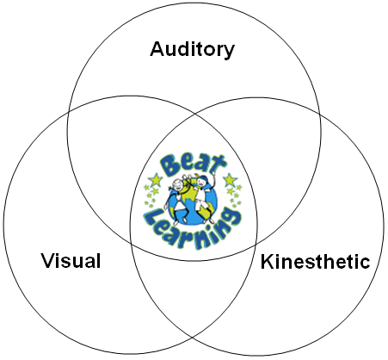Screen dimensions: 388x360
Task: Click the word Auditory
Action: (192, 50)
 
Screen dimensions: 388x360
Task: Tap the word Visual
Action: (71, 261)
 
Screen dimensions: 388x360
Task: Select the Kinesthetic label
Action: (315, 262)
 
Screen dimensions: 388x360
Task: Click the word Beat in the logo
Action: (192, 166)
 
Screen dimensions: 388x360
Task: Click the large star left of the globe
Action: (156, 180)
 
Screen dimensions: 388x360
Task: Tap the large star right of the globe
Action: (231, 180)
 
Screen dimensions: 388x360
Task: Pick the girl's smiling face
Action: (178, 184)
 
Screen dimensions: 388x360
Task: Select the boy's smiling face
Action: (201, 183)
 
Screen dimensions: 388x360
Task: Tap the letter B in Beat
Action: (169, 166)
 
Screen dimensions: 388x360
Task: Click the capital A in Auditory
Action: (158, 49)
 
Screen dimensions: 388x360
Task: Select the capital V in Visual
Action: (49, 261)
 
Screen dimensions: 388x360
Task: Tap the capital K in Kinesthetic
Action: (268, 262)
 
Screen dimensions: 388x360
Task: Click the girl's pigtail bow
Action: (170, 188)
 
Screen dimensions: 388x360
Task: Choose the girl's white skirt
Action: (181, 206)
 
